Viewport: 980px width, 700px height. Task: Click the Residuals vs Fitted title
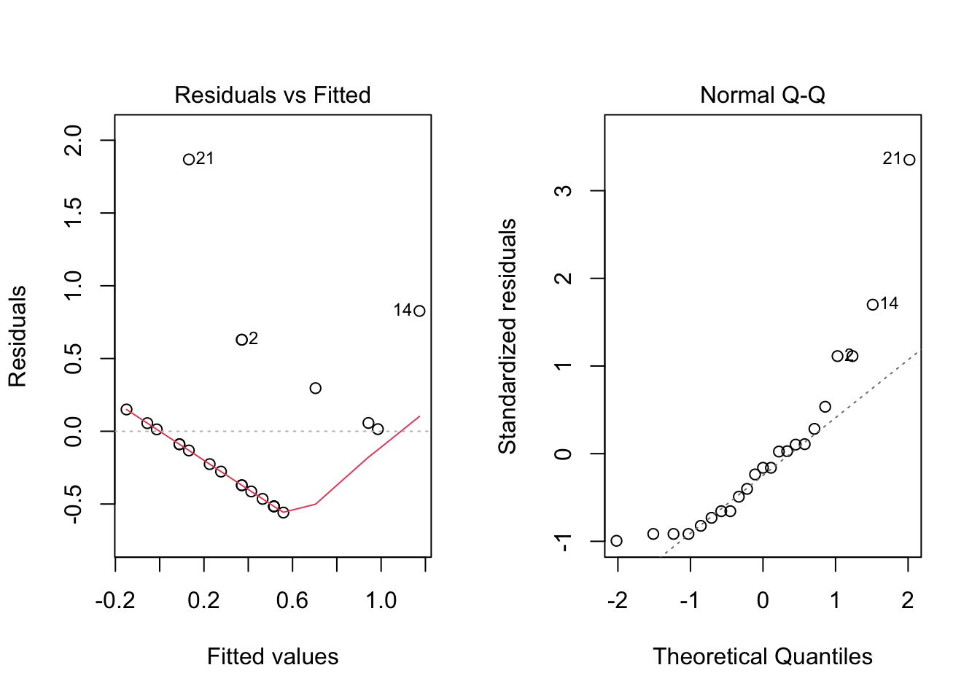click(272, 95)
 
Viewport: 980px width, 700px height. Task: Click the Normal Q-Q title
click(762, 95)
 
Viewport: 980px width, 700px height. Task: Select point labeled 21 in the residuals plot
click(189, 159)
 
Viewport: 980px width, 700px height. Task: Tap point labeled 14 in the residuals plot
click(419, 311)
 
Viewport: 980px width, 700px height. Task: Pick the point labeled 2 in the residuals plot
click(241, 340)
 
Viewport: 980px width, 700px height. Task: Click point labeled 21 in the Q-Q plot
click(909, 160)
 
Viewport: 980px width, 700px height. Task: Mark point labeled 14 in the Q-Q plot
click(873, 305)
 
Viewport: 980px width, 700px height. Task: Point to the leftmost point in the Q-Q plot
click(617, 541)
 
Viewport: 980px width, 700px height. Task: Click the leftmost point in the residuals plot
click(126, 409)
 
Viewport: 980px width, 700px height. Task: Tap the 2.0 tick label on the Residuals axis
click(74, 140)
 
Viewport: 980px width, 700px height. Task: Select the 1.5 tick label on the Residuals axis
click(74, 213)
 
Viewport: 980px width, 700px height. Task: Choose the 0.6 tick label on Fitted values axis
click(292, 601)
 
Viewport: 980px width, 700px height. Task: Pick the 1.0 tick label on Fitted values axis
click(381, 601)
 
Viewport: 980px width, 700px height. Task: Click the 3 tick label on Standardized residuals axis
click(564, 191)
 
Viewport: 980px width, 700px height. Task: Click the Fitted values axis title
click(273, 657)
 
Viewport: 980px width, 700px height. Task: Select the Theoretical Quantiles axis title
click(763, 657)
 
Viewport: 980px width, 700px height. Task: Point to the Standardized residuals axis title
click(507, 335)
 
